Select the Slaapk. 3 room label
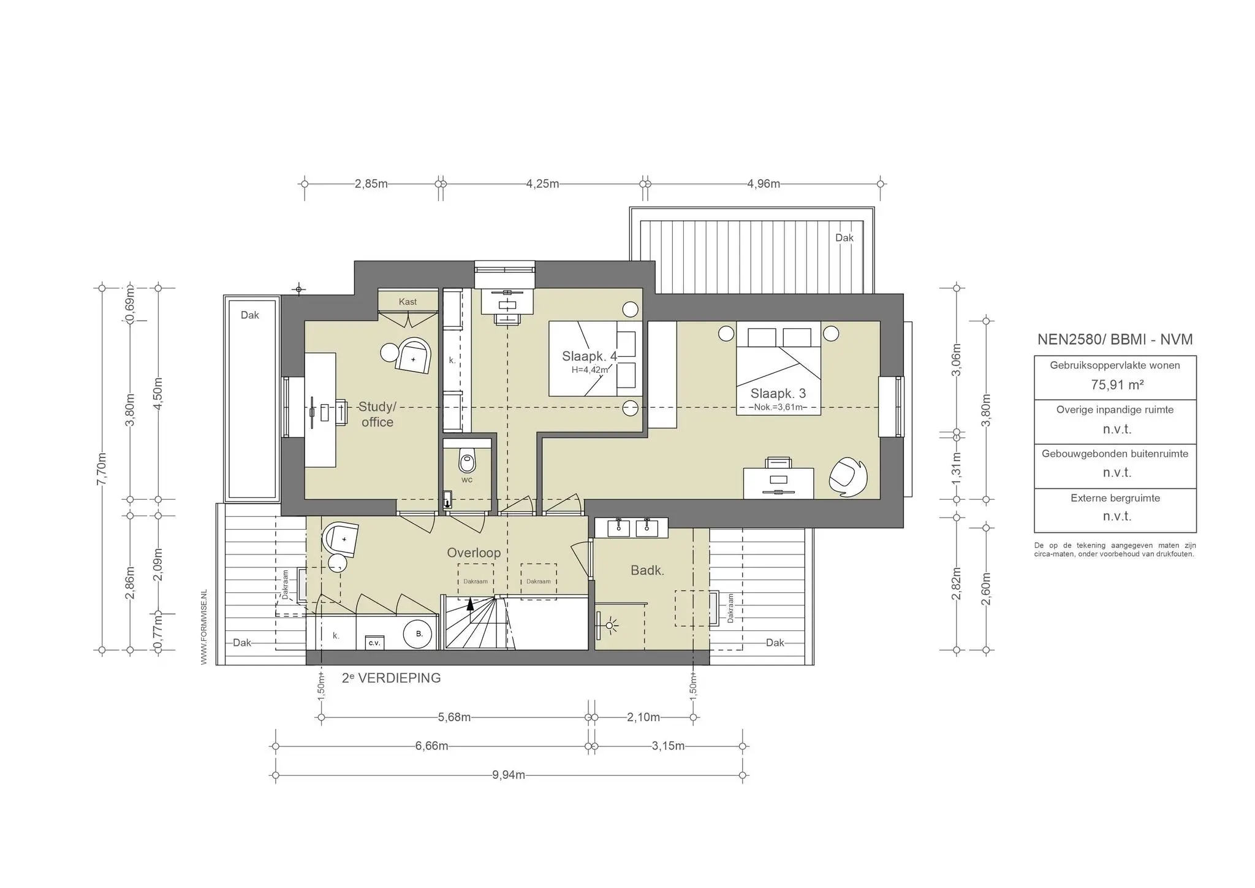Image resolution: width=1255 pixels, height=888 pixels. pos(778,394)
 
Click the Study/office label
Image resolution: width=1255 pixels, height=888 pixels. pos(377,415)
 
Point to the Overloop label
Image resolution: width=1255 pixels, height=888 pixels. pos(474,553)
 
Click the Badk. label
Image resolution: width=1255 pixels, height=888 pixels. pos(647,570)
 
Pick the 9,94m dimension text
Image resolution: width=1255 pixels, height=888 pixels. pos(509,775)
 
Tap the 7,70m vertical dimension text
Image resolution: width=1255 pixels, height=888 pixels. pos(102,469)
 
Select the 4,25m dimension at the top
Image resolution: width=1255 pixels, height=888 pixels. pos(542,183)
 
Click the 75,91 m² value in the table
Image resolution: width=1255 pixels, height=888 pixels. pos(1117,385)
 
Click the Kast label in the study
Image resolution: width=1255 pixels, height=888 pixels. pos(408,302)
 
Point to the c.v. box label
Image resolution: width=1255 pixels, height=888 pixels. pos(374,643)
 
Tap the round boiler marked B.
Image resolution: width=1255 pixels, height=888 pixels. pos(419,634)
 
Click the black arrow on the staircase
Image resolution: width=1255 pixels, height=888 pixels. pos(470,603)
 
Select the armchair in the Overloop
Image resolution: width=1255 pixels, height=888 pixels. pos(341,539)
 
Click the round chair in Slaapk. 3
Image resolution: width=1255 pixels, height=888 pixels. pos(848,477)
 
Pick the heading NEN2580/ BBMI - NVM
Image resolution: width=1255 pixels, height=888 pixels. pos(1115,339)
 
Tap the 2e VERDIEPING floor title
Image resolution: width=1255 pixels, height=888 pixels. pos(391,678)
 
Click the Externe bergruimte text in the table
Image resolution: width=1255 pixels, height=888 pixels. pos(1115,498)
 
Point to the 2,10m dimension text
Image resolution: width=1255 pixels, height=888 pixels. pos(643,717)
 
